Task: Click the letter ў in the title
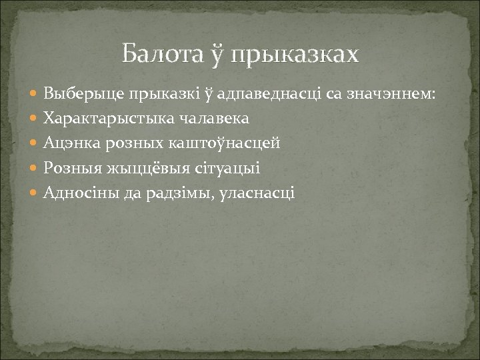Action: [220, 54]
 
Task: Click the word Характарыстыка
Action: [101, 119]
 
